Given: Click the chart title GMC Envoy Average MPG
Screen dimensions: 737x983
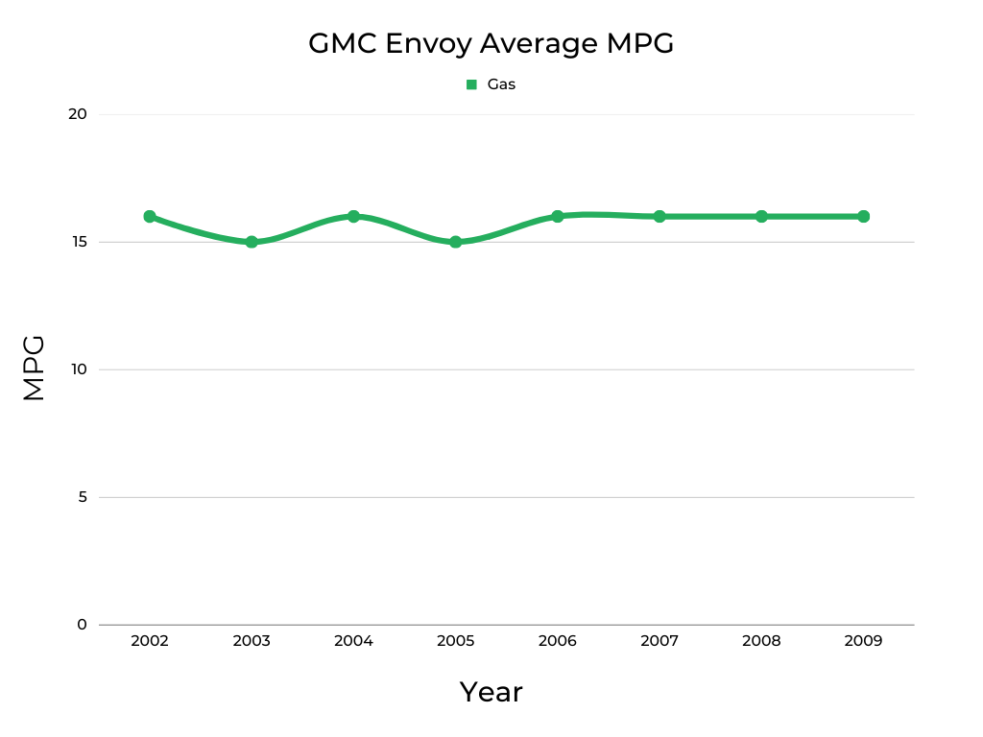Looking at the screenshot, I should [x=491, y=43].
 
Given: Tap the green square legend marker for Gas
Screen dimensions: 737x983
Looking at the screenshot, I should [x=471, y=84].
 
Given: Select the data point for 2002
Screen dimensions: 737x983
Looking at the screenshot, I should [x=150, y=217].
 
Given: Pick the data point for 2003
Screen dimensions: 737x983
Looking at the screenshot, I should [x=252, y=242].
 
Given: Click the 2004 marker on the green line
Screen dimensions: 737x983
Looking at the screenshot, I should [x=353, y=217].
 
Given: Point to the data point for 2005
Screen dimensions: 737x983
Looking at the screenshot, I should [x=456, y=242].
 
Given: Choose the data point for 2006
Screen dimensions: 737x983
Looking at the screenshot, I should [x=558, y=217].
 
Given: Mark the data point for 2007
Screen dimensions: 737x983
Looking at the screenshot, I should [x=659, y=217].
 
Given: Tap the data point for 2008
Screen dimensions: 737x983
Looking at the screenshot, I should [x=761, y=217].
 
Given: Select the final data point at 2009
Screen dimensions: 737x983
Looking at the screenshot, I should [x=863, y=217].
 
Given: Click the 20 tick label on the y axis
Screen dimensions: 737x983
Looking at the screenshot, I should [x=78, y=114].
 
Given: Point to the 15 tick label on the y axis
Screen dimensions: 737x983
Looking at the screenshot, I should [x=78, y=242].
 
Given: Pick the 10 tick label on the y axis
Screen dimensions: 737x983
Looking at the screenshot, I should [x=78, y=369].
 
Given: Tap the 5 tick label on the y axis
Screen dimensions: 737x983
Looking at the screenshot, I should [x=82, y=497].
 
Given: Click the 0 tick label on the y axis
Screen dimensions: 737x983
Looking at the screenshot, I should [x=82, y=625].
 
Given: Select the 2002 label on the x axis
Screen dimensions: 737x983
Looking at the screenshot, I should [x=150, y=641].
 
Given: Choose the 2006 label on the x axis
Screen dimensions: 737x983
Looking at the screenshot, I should [x=558, y=641].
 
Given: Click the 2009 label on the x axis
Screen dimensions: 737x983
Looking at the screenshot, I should [x=863, y=641].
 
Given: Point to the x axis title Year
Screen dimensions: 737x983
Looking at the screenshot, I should [x=491, y=692].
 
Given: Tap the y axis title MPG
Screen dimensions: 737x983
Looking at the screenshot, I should [x=34, y=368].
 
